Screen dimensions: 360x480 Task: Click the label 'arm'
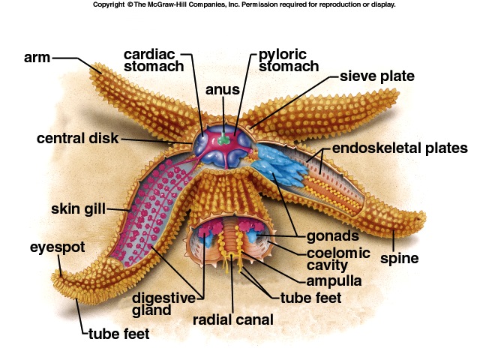pyautogui.click(x=37, y=58)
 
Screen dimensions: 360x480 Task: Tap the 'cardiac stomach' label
pyautogui.click(x=154, y=61)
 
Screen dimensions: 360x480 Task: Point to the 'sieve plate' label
pyautogui.click(x=376, y=76)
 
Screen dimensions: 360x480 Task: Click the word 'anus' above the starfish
pyautogui.click(x=223, y=90)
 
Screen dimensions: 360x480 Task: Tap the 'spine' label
pyautogui.click(x=399, y=259)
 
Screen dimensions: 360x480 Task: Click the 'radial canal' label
pyautogui.click(x=232, y=319)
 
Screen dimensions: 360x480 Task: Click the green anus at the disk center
pyautogui.click(x=224, y=139)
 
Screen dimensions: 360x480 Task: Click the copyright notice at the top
pyautogui.click(x=244, y=4)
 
